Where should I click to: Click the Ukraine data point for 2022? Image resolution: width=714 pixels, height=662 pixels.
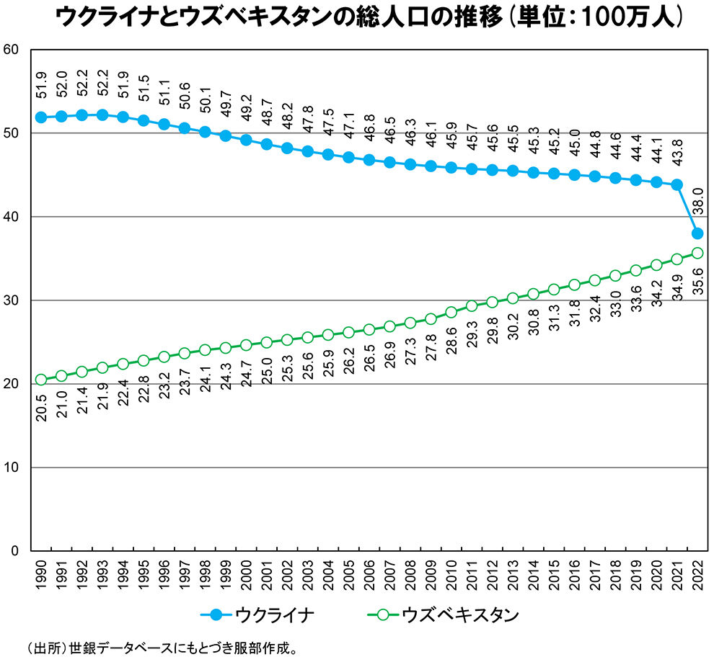697,233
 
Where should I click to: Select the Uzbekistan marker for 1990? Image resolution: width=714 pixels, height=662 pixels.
41,380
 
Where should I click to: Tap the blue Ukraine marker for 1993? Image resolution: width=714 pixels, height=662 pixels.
102,115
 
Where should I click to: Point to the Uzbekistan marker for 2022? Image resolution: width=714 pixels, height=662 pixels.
697,253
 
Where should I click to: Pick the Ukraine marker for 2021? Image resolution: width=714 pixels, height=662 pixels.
676,185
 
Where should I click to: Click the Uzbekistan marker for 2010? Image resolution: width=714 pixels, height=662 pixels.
451,312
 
